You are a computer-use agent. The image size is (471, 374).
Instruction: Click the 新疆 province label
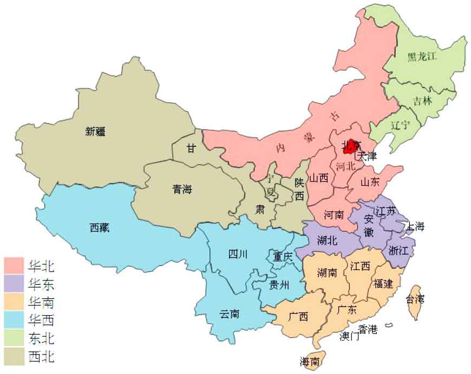point(95,131)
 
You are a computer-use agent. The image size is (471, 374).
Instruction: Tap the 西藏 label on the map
point(100,228)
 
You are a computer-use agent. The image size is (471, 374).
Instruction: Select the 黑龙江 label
point(422,56)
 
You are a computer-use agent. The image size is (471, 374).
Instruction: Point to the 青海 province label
point(182,189)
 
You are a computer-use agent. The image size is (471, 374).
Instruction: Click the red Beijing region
point(351,146)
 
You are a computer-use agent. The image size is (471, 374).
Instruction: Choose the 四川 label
point(238,254)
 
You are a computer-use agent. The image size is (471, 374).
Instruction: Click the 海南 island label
point(310,361)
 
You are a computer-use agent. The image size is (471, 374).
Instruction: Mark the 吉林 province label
point(423,101)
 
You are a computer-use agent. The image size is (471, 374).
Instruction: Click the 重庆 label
point(283,257)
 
